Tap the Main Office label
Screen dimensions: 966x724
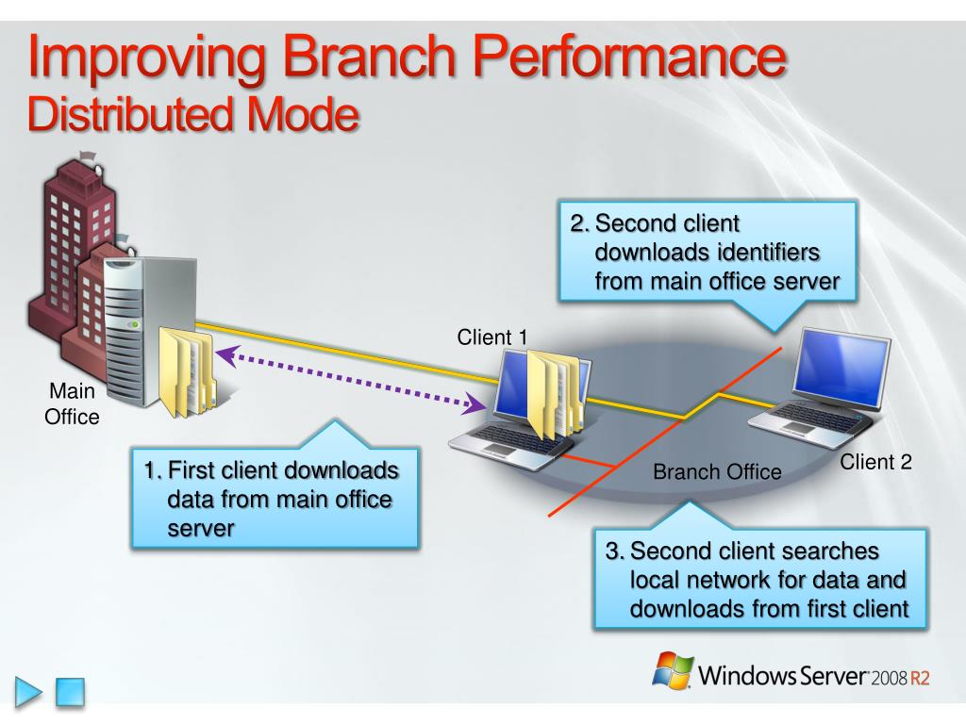point(72,403)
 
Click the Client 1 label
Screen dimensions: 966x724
point(492,337)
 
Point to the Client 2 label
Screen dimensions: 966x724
point(875,462)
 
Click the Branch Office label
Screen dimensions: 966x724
point(717,471)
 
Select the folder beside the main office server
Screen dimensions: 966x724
point(187,370)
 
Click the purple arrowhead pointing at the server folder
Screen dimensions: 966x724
point(226,354)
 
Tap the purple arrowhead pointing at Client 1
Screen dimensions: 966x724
point(476,404)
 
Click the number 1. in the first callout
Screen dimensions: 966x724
point(154,470)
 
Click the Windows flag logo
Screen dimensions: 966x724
point(672,670)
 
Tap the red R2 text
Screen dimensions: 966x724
point(920,678)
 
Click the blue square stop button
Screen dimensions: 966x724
point(70,692)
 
